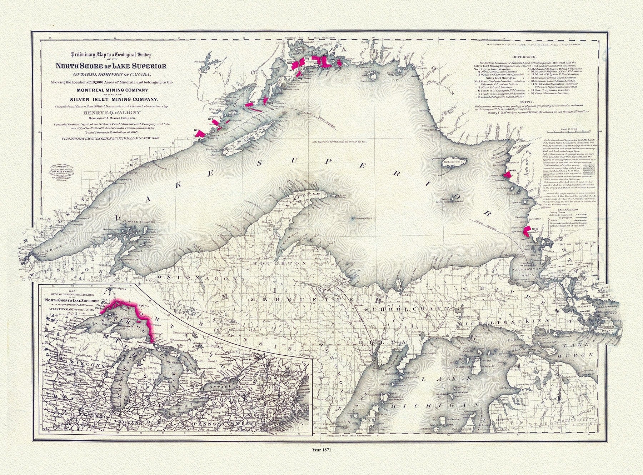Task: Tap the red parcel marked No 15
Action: pyautogui.click(x=507, y=175)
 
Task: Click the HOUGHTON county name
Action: pyautogui.click(x=280, y=263)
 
